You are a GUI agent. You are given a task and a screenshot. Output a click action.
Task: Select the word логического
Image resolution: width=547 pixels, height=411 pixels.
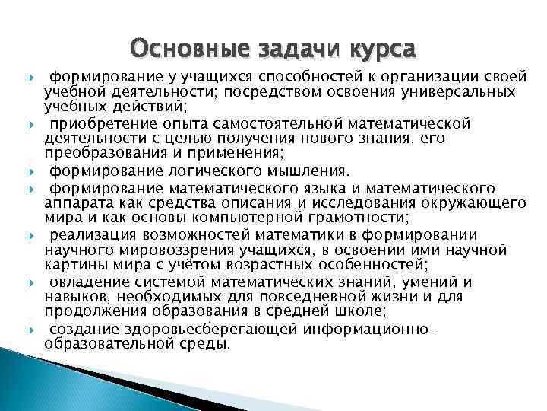coord(233,170)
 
